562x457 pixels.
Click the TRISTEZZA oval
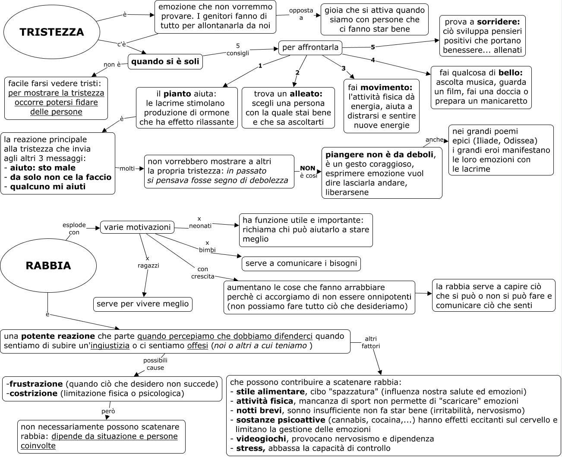pyautogui.click(x=52, y=32)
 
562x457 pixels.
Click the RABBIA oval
pyautogui.click(x=48, y=266)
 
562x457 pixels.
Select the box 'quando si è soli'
pyautogui.click(x=165, y=62)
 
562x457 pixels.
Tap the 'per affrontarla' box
pyautogui.click(x=310, y=47)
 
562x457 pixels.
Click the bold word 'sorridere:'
pyautogui.click(x=499, y=22)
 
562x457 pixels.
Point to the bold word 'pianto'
pyautogui.click(x=177, y=94)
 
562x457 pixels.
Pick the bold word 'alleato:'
pyautogui.click(x=306, y=94)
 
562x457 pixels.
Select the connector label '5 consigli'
pyautogui.click(x=238, y=50)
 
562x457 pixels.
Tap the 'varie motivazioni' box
pyautogui.click(x=137, y=227)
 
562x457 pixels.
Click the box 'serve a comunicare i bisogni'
pyautogui.click(x=301, y=263)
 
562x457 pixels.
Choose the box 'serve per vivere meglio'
pyautogui.click(x=143, y=304)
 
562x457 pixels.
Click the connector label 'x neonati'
pyautogui.click(x=200, y=222)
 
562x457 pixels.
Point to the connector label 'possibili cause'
pyautogui.click(x=155, y=364)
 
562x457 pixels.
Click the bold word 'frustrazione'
pyautogui.click(x=36, y=384)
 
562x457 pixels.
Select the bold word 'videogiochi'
pyautogui.click(x=261, y=439)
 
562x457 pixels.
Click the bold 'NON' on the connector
pyautogui.click(x=308, y=168)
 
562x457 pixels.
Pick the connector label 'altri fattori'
pyautogui.click(x=371, y=342)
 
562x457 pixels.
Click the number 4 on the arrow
pyautogui.click(x=373, y=60)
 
